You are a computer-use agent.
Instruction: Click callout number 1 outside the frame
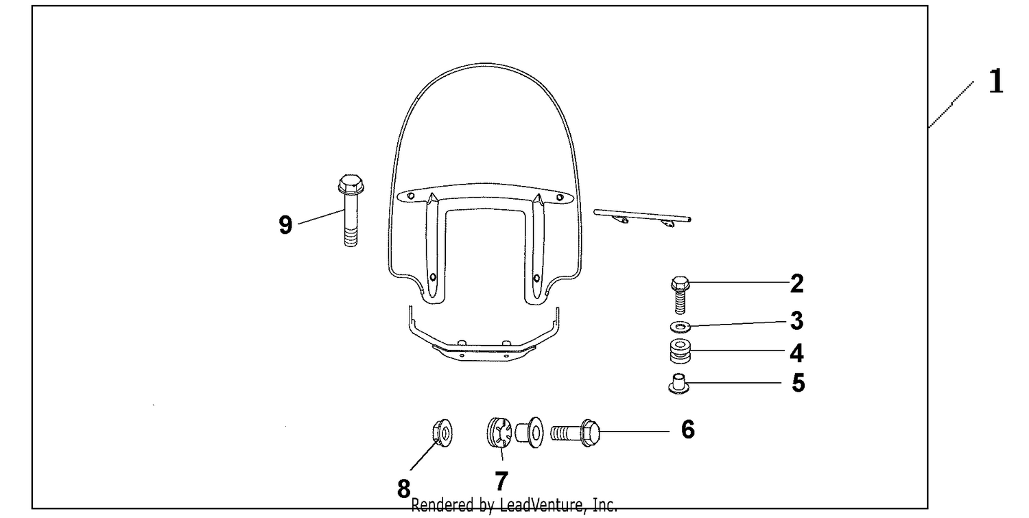coord(996,82)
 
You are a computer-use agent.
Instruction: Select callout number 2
coord(797,283)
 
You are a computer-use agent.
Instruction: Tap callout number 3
coord(797,321)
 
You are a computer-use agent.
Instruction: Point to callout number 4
coord(797,353)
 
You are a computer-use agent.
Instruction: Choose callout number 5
coord(799,383)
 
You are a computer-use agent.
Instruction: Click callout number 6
coord(687,429)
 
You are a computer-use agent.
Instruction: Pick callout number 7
coord(501,481)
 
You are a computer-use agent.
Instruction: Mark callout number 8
coord(404,488)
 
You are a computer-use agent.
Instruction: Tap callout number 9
coord(285,225)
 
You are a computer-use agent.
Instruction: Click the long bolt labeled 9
coord(351,210)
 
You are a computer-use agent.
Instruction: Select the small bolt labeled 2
coord(681,294)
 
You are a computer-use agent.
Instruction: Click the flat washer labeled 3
coord(681,327)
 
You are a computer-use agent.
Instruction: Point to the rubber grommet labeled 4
coord(681,351)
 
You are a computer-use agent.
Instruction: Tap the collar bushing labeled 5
coord(678,384)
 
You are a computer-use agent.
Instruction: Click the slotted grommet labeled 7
coord(499,432)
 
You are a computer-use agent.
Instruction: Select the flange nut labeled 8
coord(442,432)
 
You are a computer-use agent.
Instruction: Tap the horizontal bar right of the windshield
coord(642,215)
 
